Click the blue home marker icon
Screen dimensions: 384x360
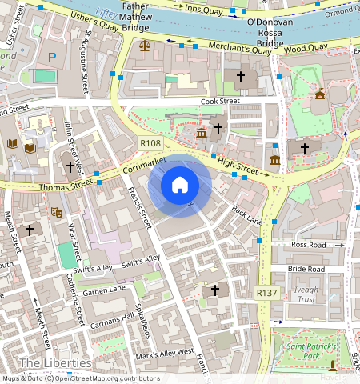[x=180, y=186]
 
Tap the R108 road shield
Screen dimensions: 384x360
[x=150, y=143]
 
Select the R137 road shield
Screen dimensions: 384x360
[x=266, y=294]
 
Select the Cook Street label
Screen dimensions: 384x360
[x=220, y=102]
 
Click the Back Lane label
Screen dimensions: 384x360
[x=246, y=214]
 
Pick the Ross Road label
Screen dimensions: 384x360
[x=310, y=244]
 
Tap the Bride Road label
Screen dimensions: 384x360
[x=306, y=270]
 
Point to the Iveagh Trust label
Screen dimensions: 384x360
[x=306, y=295]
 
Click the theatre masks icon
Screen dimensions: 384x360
[x=57, y=213]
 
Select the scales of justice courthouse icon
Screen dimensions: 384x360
[x=144, y=46]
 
